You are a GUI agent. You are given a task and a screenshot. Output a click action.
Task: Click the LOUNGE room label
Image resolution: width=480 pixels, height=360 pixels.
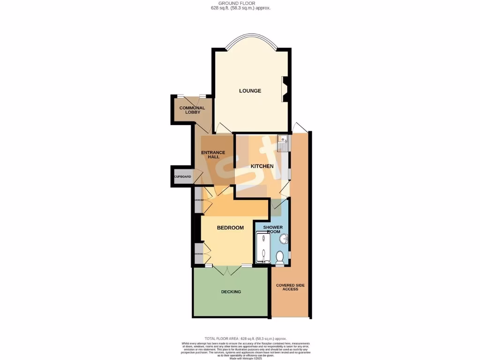[x=250, y=90]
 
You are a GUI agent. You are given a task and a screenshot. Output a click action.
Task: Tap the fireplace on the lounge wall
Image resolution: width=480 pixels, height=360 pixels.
[x=285, y=89]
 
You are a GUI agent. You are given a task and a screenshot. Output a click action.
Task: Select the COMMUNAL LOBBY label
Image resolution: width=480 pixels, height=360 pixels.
[x=192, y=110]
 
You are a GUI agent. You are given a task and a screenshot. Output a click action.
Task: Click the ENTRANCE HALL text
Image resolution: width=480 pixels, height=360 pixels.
[x=213, y=154]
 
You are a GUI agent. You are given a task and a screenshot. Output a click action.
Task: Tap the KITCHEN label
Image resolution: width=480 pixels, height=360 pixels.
[x=262, y=166]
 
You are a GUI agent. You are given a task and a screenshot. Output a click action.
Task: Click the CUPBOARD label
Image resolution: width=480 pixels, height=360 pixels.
[x=183, y=177]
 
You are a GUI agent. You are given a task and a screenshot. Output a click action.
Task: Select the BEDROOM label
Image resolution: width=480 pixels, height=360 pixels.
[x=230, y=228]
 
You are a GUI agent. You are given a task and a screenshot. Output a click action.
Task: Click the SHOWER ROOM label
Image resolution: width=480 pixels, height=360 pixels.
[x=273, y=229]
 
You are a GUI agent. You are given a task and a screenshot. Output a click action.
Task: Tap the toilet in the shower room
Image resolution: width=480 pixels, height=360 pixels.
[x=279, y=257]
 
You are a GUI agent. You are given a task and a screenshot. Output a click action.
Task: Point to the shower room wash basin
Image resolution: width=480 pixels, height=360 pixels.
[x=284, y=240]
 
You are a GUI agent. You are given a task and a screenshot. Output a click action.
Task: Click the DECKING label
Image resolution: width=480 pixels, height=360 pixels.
[x=231, y=292]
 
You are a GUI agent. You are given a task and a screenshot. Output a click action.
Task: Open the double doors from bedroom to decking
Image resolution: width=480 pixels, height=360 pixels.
[x=227, y=270]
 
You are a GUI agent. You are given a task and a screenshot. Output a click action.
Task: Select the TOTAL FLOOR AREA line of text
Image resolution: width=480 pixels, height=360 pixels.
[x=245, y=338]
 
